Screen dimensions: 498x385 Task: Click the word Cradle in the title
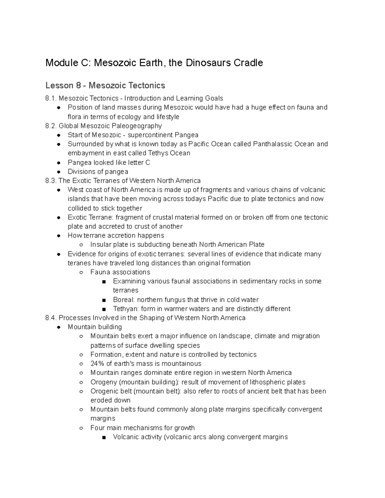click(248, 63)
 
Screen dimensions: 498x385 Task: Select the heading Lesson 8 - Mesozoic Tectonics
click(105, 86)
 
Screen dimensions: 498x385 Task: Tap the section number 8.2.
click(51, 126)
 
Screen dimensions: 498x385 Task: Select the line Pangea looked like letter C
click(109, 162)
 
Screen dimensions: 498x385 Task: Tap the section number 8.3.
click(51, 181)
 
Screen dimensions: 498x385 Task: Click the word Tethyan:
click(126, 309)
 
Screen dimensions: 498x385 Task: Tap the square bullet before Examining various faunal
click(104, 282)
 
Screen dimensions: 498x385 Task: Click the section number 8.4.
click(51, 318)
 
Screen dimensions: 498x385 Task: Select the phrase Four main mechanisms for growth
click(142, 428)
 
